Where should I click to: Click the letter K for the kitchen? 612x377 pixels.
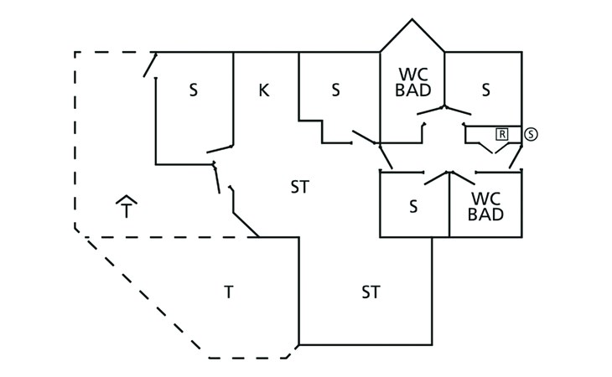coord(263,90)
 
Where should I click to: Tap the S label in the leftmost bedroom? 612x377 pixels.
coord(193,90)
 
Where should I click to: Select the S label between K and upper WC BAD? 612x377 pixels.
coord(335,90)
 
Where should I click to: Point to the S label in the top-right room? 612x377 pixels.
coord(485,90)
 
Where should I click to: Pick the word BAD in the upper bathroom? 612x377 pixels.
coord(412,90)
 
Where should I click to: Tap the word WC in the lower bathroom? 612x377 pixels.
coord(486,199)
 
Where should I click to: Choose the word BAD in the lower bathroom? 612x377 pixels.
coord(486,214)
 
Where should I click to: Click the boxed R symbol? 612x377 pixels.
coord(502,133)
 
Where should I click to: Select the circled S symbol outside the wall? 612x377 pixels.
coord(530,133)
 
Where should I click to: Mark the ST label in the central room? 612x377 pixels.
coord(299,188)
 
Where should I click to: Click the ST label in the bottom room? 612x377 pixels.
coord(371,292)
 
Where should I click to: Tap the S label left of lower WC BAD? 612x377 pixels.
coord(413,206)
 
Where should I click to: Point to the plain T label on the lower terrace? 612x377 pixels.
coord(228,292)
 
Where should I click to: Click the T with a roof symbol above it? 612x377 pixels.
coord(126,209)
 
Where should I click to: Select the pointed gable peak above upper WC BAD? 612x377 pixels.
coord(412,21)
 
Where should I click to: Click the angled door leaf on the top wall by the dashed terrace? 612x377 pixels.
coord(149,65)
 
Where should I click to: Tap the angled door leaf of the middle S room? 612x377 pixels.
coord(366,137)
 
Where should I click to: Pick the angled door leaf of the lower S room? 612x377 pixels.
coord(438,178)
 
